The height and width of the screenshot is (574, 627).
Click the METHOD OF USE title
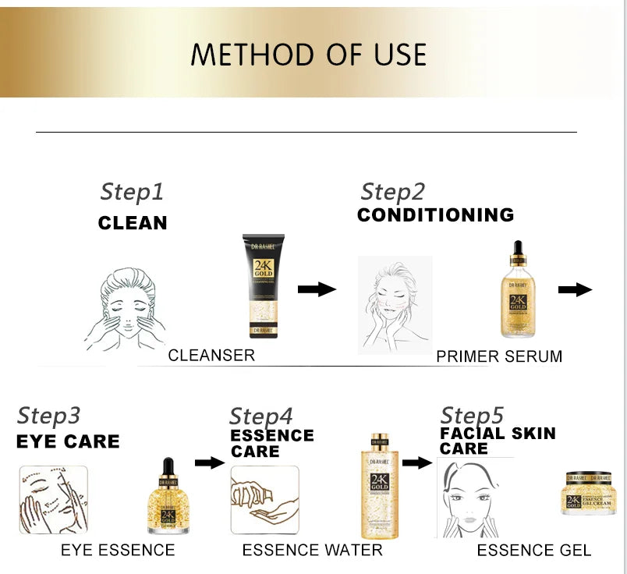(x=309, y=55)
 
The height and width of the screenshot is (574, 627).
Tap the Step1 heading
(x=132, y=192)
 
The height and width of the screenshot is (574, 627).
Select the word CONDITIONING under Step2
(x=435, y=214)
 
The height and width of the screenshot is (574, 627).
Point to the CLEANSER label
(x=211, y=356)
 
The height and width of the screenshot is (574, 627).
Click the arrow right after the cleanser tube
(x=317, y=289)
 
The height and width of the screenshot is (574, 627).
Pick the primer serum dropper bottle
(x=517, y=290)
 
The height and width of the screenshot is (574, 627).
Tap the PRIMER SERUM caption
(x=499, y=356)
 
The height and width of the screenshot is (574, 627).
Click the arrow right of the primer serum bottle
(x=575, y=289)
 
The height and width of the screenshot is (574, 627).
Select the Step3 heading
(x=48, y=416)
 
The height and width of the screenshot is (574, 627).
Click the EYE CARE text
(x=68, y=441)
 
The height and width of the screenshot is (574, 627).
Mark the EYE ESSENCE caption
(x=118, y=551)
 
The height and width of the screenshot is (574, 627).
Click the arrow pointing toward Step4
(x=209, y=462)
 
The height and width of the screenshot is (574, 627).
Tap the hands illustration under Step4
(x=264, y=500)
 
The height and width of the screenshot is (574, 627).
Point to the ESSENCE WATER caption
(x=312, y=551)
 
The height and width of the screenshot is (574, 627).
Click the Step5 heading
(x=472, y=416)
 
